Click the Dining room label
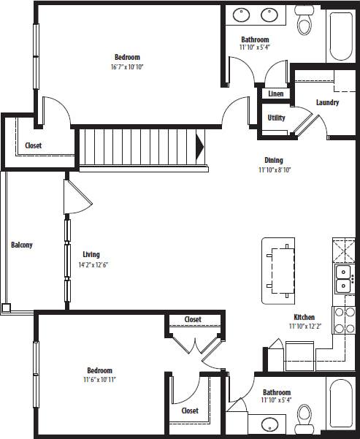274,161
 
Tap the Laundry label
327,102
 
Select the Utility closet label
276,118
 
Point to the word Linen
275,94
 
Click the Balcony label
21,245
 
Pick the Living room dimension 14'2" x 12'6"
95,265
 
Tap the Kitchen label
304,317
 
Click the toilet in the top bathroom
305,25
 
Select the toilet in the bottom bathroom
305,419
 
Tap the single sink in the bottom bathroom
271,423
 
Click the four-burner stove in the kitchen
344,319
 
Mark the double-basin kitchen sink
343,277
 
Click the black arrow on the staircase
200,147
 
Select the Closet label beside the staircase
34,145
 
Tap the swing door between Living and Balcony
77,196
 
